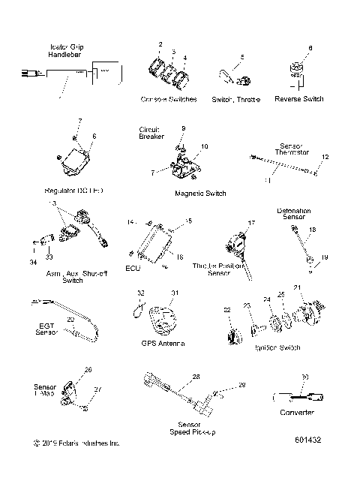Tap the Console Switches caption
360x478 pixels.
169,99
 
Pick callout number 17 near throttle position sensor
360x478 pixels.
252,223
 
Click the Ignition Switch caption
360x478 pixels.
278,348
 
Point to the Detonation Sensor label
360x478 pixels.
294,215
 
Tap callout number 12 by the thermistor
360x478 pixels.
325,157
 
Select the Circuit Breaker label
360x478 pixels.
150,133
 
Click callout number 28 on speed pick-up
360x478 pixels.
196,377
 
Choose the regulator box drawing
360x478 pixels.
76,161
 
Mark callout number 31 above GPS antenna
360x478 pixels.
175,293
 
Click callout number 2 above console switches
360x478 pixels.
160,46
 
